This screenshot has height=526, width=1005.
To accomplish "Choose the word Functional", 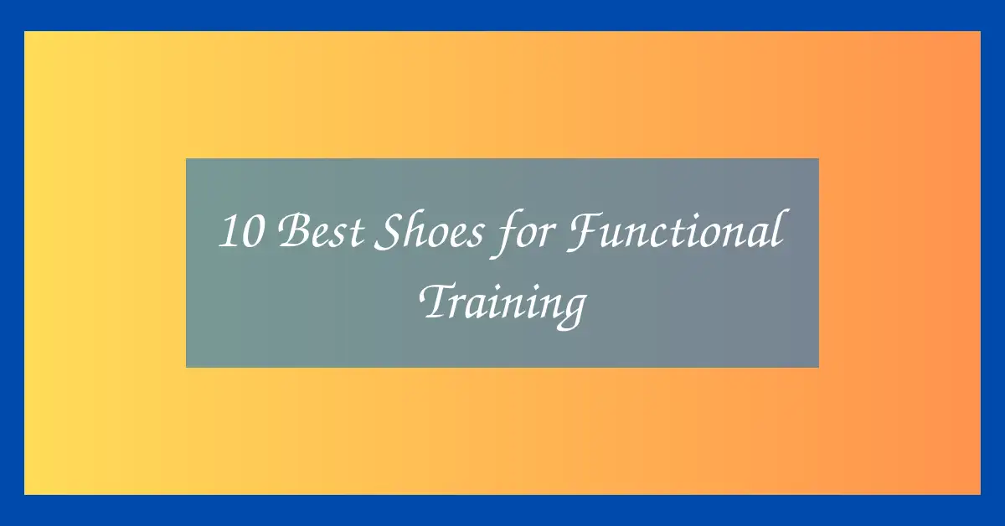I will (x=674, y=232).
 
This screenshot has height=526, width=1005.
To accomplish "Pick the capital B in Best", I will (x=290, y=232).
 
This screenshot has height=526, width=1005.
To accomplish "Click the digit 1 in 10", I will (x=227, y=232).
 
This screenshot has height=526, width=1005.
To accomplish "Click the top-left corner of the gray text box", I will (x=186, y=158).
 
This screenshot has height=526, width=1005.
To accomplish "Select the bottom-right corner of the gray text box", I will (x=818, y=367).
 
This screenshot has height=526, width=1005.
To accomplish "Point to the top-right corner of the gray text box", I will (x=818, y=158).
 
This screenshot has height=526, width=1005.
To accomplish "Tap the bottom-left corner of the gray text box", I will (x=186, y=367).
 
